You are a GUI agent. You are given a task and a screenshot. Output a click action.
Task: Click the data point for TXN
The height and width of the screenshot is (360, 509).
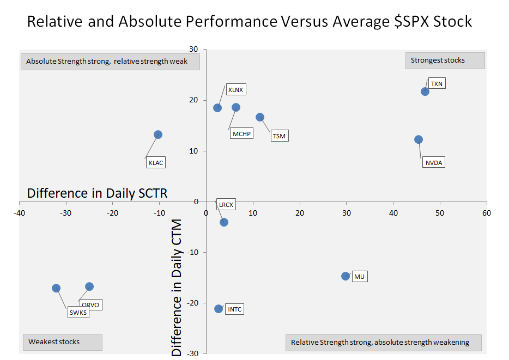coord(425,91)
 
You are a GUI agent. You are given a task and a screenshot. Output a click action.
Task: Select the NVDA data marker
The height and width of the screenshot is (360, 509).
coord(419,139)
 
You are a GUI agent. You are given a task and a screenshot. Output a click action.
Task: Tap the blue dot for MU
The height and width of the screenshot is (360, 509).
coord(346,276)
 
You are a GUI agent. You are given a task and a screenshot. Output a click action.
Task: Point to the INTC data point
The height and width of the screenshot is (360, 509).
coord(219,309)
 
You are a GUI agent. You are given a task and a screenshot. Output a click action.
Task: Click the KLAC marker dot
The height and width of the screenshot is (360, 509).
coord(158,135)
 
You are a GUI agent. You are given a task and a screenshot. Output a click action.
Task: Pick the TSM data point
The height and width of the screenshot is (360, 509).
coord(260,117)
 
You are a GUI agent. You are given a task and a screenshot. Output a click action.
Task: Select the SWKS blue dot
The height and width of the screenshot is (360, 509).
coord(56,288)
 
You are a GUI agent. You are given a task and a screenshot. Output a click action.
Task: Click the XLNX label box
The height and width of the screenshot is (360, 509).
coord(235,90)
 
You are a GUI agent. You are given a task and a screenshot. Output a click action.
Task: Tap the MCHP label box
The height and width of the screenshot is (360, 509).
coord(242,133)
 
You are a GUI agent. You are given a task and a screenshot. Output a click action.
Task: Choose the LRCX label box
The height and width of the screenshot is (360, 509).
coord(226,205)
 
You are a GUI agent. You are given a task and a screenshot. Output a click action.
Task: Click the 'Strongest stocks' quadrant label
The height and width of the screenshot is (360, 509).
coord(445,60)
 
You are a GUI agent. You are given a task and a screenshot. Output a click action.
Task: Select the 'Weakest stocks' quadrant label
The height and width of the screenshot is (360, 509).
coord(62,342)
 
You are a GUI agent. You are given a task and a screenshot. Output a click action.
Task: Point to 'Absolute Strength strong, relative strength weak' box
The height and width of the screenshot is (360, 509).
coord(110,62)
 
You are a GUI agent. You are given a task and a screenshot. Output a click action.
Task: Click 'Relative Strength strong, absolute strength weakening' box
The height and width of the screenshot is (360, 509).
coord(383,343)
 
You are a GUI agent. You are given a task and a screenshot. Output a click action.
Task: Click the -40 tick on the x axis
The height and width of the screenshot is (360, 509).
coord(19,213)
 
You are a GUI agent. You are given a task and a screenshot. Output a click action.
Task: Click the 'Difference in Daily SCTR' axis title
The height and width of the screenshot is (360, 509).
coord(97,193)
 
